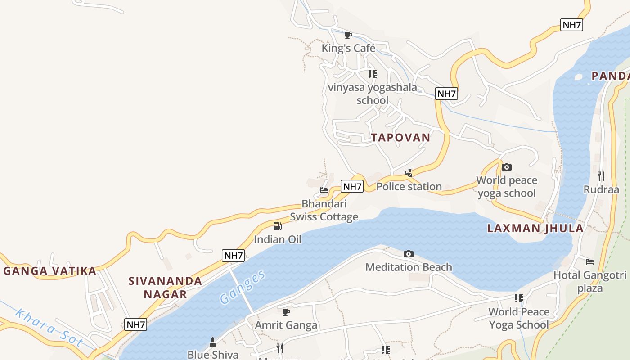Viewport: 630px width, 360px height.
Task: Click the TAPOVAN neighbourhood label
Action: pos(400,138)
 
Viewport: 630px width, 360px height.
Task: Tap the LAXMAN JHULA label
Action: pos(535,228)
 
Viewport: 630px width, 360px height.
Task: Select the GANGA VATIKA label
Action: pos(50,271)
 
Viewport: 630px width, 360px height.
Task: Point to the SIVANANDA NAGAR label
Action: pos(165,288)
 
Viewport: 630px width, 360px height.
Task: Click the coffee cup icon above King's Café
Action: pos(348,35)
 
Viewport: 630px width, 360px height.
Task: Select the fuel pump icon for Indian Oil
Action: pos(277,226)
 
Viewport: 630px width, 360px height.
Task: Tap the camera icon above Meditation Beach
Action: pos(408,254)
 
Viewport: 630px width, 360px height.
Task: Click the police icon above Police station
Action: pos(409,173)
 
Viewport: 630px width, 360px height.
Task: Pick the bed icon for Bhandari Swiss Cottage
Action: pos(324,190)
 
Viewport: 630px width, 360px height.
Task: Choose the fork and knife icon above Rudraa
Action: pos(601,176)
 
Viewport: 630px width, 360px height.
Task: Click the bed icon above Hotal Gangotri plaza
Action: pos(589,261)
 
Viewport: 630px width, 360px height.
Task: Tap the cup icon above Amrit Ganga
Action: pos(286,312)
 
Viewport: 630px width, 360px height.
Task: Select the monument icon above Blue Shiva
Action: pos(213,342)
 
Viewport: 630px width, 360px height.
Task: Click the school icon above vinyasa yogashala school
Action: pos(372,74)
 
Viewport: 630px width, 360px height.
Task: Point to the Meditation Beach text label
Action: pos(409,267)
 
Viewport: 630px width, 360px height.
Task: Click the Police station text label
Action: pos(409,187)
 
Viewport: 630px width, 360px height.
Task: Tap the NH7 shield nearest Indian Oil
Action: pos(234,256)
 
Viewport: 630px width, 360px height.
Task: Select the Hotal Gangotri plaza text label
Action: pos(589,281)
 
